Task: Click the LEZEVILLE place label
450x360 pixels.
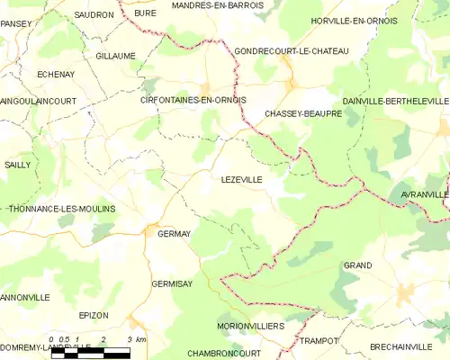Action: (241, 180)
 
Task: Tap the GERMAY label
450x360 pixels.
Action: (174, 234)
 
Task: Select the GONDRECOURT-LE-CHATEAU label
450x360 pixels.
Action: (291, 51)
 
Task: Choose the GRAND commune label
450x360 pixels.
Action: (357, 265)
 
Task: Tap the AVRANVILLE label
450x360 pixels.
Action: (423, 193)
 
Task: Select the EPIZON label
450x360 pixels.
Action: (93, 315)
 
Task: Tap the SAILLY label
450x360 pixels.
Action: (17, 165)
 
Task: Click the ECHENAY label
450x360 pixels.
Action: (55, 75)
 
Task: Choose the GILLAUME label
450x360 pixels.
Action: (115, 56)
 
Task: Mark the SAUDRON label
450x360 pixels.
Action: (94, 15)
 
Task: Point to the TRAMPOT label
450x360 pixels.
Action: (319, 340)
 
